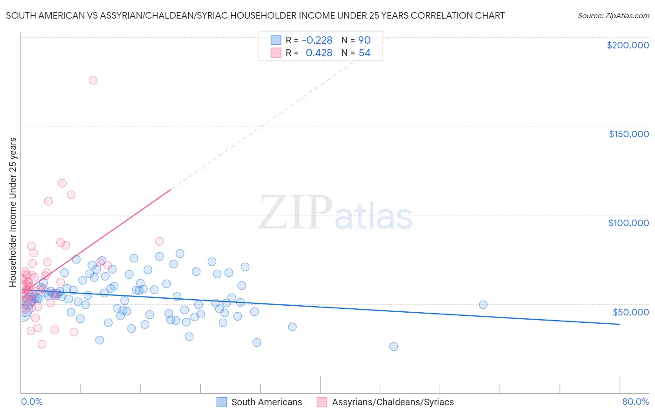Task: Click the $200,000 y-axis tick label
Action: pos(628,45)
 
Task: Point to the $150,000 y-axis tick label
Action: pos(628,134)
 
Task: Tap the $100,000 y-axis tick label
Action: pos(628,223)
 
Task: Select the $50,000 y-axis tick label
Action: pos(630,312)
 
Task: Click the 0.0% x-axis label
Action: pos(32,402)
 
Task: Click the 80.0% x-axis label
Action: pos(635,402)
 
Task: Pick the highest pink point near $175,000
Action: pos(93,80)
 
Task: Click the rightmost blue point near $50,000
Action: pos(483,305)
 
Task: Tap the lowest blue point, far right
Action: pos(394,347)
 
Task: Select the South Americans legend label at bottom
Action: pos(266,402)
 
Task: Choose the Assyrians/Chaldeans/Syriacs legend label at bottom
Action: pos(393,402)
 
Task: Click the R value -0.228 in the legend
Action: pos(317,40)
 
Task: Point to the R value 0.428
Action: pos(319,53)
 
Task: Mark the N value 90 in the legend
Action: pos(364,40)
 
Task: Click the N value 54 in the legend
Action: pos(364,53)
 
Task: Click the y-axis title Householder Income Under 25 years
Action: pos(13,212)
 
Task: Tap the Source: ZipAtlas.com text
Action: pos(613,16)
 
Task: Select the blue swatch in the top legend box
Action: pos(276,40)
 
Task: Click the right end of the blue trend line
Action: pos(620,324)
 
